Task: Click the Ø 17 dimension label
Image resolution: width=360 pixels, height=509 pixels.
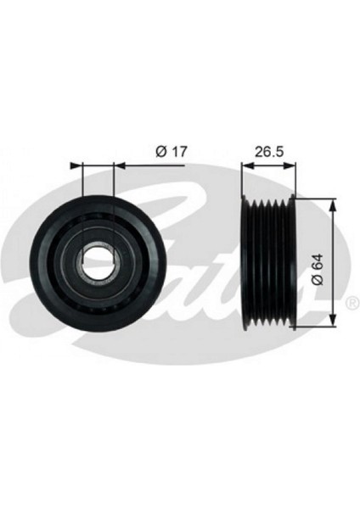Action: [x=171, y=152]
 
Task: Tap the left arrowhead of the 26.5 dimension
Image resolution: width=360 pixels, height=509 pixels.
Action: [x=247, y=165]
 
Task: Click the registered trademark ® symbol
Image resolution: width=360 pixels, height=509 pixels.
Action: [x=350, y=302]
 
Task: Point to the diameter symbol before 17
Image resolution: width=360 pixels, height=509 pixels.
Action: [x=160, y=152]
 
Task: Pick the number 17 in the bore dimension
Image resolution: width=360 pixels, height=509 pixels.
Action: [x=177, y=152]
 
